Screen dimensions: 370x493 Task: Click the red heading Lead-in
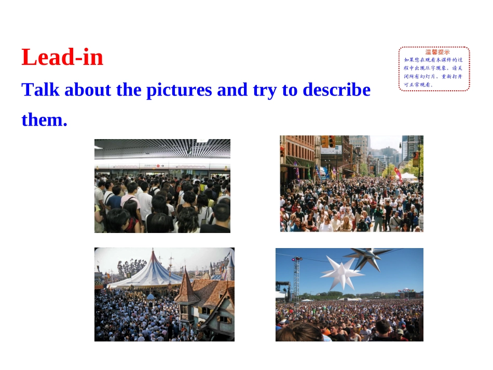pyautogui.click(x=62, y=57)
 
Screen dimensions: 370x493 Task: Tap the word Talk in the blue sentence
pyautogui.click(x=40, y=90)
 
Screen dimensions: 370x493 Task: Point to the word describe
pyautogui.click(x=336, y=90)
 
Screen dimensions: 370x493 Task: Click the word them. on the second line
pyautogui.click(x=44, y=120)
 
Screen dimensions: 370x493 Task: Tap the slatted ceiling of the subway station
pyautogui.click(x=162, y=147)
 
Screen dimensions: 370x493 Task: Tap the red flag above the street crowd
pyautogui.click(x=398, y=173)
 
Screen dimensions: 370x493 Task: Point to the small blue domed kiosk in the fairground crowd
pyautogui.click(x=150, y=297)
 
